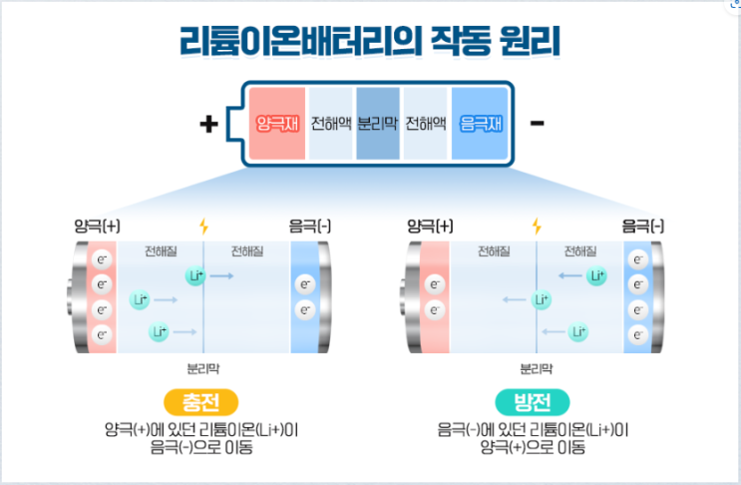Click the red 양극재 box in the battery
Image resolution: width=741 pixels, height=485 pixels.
coord(277,125)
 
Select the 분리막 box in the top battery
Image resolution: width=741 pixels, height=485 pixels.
coord(378,125)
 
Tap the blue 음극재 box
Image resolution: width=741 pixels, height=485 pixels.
coord(482,125)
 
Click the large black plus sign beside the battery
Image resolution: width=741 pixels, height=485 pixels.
coord(208,124)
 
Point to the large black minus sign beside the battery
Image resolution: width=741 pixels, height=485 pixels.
coord(538,124)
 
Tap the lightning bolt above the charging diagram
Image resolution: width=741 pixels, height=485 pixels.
coord(204,226)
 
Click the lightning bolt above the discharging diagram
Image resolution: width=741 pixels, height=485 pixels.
coord(537,226)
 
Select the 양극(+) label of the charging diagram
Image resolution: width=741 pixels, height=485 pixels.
coord(97,226)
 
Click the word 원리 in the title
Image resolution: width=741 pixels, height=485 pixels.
coord(525,42)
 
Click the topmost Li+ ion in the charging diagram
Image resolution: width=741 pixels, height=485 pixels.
coord(195,274)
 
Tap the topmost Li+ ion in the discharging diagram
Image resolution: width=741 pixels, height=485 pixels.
coord(596,275)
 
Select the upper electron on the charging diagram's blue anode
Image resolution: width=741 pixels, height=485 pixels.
coord(306,284)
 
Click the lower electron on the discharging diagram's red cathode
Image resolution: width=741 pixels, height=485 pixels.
coord(434,309)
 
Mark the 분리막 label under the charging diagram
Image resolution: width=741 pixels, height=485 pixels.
coord(204,367)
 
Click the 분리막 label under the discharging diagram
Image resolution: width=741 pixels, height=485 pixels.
coord(537,367)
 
